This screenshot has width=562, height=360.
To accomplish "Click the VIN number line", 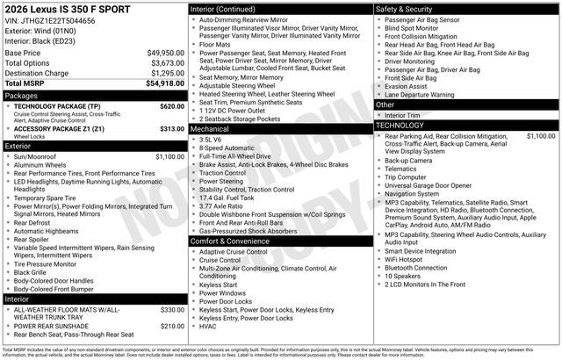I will pyautogui.click(x=51, y=21).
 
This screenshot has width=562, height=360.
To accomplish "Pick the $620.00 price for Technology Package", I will pyautogui.click(x=172, y=105).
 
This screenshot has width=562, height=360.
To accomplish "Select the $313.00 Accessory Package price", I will pyautogui.click(x=172, y=128).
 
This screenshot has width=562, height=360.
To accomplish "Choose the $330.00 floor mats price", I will pyautogui.click(x=172, y=309).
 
